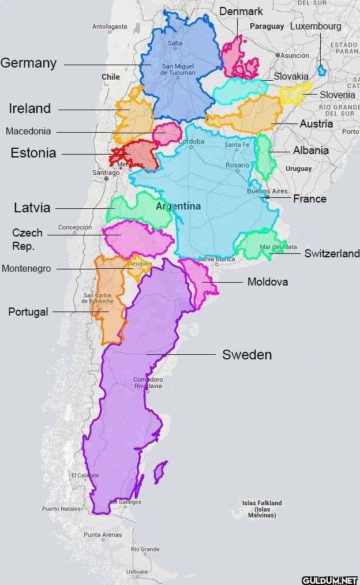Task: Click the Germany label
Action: (28, 63)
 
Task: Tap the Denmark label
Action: (241, 11)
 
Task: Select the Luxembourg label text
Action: (315, 26)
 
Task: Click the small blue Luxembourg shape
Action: (321, 71)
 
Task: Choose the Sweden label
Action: (246, 355)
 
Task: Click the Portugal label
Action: (28, 312)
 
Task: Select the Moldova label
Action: (267, 282)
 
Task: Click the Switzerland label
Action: (332, 253)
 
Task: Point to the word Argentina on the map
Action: (178, 206)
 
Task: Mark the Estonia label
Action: (33, 153)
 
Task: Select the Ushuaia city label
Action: (137, 571)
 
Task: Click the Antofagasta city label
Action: (110, 27)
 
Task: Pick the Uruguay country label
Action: (298, 168)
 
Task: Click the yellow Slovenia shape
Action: (295, 92)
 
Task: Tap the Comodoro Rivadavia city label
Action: (148, 382)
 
